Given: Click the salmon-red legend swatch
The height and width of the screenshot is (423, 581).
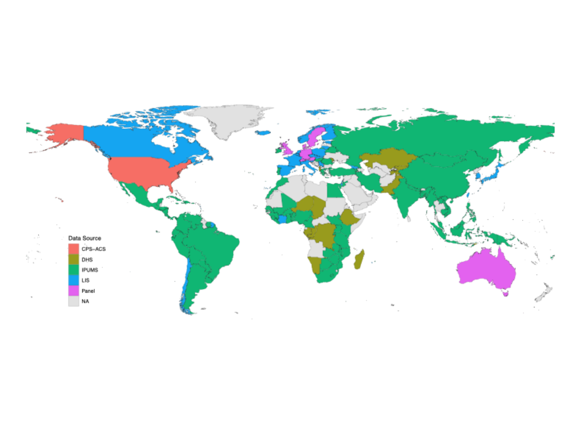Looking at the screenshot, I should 73,248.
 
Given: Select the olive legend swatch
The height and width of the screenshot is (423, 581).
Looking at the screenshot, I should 73,259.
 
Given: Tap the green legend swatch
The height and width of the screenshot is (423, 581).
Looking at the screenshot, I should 73,269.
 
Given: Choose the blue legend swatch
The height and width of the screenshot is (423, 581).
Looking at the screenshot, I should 73,280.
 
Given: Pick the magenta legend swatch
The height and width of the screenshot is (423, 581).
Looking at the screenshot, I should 73,290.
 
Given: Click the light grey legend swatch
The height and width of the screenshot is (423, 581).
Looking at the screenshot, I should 73,301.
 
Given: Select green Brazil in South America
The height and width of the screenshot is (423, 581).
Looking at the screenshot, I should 214,246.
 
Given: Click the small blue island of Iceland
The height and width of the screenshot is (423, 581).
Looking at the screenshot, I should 263,133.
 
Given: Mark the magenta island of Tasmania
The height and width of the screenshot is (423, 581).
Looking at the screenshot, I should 505,294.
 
